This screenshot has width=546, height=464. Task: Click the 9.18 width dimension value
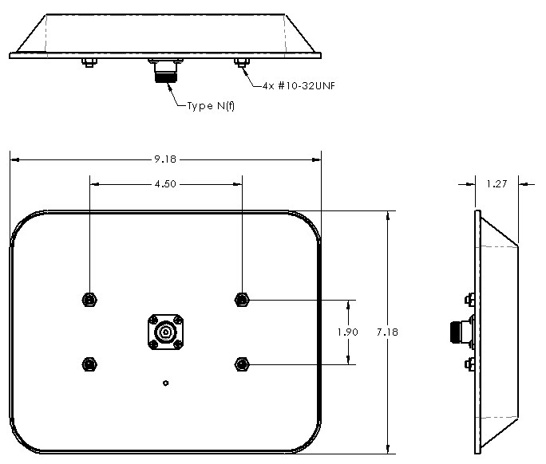pos(165,160)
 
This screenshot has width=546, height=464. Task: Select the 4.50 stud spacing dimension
pos(165,183)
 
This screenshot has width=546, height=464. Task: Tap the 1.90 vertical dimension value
pos(349,332)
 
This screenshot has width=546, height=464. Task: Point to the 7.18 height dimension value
pos(389,332)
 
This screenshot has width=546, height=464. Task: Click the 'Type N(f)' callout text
pos(210,106)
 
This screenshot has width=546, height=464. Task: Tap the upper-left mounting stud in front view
pos(89,299)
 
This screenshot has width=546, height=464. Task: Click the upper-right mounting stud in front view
pos(241,299)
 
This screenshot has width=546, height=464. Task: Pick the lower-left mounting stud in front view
pos(89,364)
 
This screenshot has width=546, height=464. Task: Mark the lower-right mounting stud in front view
pos(241,364)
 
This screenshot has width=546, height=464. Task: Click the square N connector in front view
pos(165,332)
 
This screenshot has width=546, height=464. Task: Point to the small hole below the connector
pos(165,383)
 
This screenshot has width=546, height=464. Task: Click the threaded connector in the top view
pos(166,73)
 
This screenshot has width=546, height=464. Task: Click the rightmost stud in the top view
pos(241,63)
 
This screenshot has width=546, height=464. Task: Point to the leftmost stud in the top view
pos(89,63)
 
